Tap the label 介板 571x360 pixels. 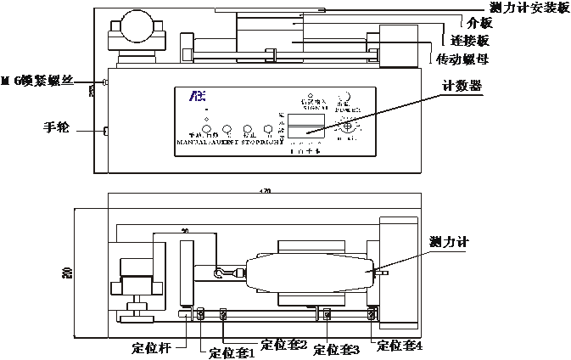pos(471,24)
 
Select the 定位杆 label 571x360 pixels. pos(152,346)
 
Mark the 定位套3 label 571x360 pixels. pos(337,349)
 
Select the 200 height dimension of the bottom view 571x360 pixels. pos(67,272)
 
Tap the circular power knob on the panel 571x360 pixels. pos(347,126)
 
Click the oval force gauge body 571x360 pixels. pos(306,273)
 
